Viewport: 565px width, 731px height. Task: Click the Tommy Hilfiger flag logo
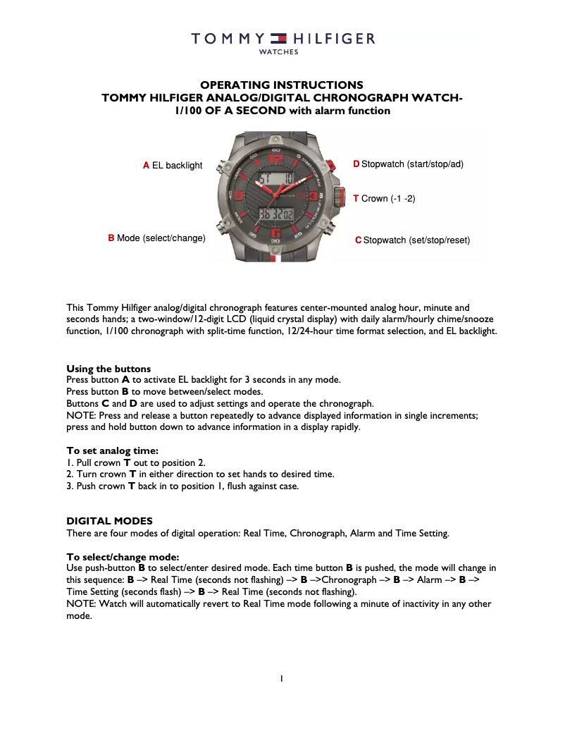tap(280, 39)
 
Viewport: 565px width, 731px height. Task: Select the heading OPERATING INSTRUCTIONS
tap(282, 85)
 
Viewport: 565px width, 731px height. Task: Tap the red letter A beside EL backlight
tap(146, 165)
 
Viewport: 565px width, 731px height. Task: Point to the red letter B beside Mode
tap(111, 238)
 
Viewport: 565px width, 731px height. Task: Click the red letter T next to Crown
tap(356, 199)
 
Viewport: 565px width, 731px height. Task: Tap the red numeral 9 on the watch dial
tap(239, 196)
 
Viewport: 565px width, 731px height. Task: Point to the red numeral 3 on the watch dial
tap(312, 196)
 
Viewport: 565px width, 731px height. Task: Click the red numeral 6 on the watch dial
tap(275, 232)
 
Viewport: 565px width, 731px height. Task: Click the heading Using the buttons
tap(108, 369)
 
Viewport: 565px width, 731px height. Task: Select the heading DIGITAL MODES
tap(109, 521)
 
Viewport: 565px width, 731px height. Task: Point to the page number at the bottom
tap(282, 679)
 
